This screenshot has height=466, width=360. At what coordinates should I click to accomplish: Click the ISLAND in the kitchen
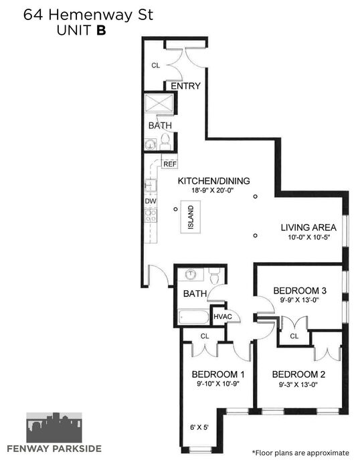(x=191, y=217)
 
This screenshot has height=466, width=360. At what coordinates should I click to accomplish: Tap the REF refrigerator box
(x=170, y=164)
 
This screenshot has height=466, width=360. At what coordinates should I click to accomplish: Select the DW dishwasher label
(x=151, y=201)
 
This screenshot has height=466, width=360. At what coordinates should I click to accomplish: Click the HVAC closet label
(x=223, y=316)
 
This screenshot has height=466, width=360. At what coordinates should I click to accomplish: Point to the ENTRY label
(x=185, y=86)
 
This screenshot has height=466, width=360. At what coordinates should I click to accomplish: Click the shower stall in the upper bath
(x=159, y=103)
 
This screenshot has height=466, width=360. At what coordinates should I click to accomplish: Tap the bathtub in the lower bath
(x=193, y=318)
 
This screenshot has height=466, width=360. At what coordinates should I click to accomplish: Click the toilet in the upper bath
(x=165, y=142)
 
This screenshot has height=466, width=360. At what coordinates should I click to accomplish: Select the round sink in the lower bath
(x=190, y=274)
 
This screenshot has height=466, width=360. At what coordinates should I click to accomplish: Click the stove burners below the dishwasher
(x=151, y=215)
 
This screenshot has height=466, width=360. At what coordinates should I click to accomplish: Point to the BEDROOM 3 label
(x=300, y=291)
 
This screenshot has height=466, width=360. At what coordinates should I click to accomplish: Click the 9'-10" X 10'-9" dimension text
(x=218, y=384)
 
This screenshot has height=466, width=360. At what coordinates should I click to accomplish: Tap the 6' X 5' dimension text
(x=199, y=427)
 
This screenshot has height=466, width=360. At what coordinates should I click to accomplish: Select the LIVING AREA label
(x=308, y=227)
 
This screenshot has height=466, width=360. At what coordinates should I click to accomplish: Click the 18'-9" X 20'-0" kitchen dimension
(x=213, y=190)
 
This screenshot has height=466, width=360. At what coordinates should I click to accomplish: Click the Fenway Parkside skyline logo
(x=54, y=427)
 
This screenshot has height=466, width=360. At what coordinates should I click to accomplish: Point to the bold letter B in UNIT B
(x=101, y=31)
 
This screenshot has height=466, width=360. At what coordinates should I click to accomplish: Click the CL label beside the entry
(x=156, y=66)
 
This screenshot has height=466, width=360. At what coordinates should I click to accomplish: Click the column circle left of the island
(x=175, y=209)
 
